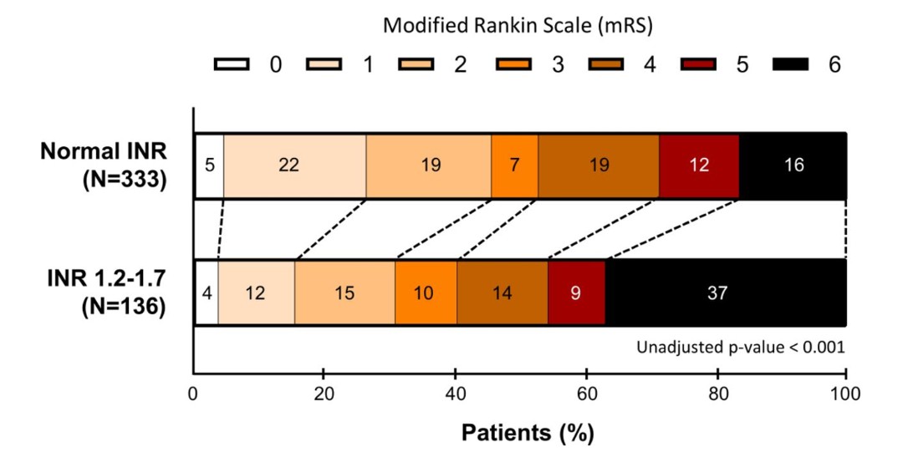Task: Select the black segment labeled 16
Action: [x=793, y=165]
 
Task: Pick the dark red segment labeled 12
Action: [x=699, y=165]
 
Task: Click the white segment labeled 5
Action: [x=209, y=165]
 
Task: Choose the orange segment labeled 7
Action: [x=514, y=165]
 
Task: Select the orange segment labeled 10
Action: [x=426, y=292]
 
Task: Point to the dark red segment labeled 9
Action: [x=576, y=292]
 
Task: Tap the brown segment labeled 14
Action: [x=502, y=292]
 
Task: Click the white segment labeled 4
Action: [x=207, y=292]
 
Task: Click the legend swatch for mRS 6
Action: [x=790, y=64]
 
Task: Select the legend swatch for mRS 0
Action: [x=232, y=64]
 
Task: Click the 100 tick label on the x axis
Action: [x=845, y=394]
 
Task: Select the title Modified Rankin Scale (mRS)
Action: [x=518, y=25]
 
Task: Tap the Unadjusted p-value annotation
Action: [x=741, y=347]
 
